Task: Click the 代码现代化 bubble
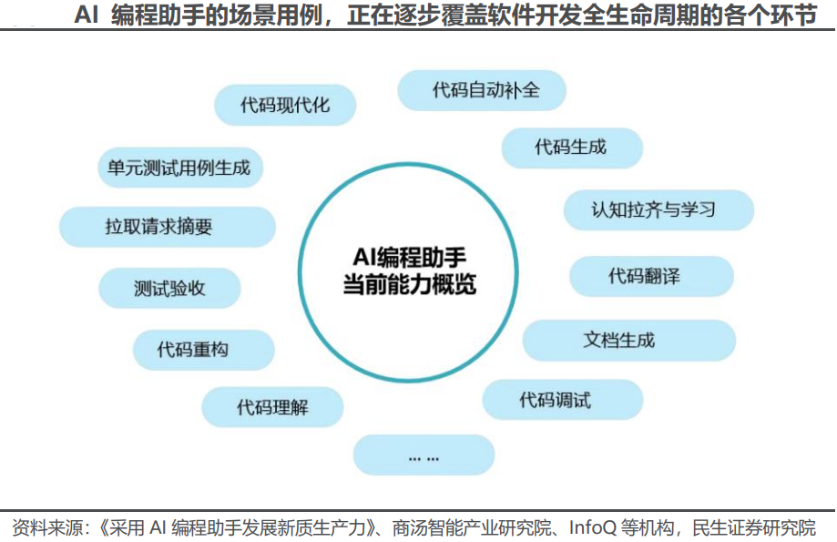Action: [x=285, y=105]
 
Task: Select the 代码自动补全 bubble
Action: [x=483, y=90]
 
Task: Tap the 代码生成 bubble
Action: [x=571, y=147]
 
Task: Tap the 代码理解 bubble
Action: [x=272, y=406]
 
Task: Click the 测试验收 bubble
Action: [x=168, y=289]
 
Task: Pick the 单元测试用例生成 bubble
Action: [x=173, y=168]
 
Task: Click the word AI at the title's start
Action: [x=86, y=15]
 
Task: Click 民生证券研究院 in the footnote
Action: [x=754, y=527]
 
